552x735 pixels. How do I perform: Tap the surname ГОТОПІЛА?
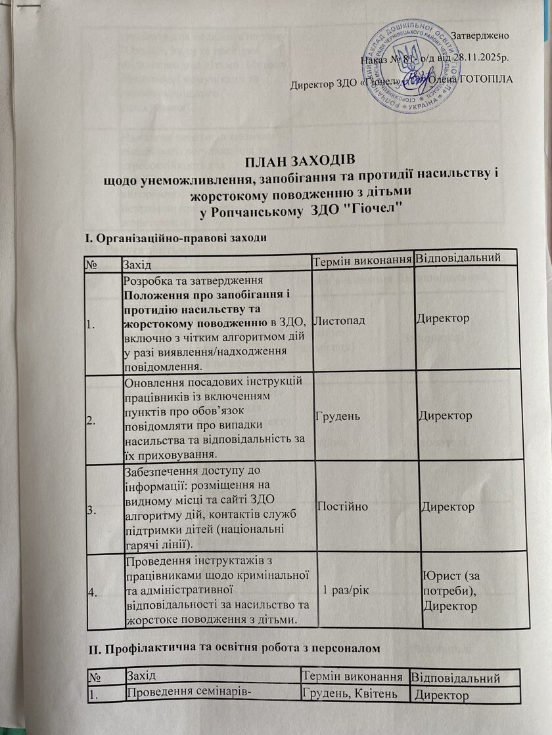click(482, 80)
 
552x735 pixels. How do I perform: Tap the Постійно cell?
click(342, 507)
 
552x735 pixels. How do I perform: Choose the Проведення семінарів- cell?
click(176, 693)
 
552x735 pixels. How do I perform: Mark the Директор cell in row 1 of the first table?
click(442, 319)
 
